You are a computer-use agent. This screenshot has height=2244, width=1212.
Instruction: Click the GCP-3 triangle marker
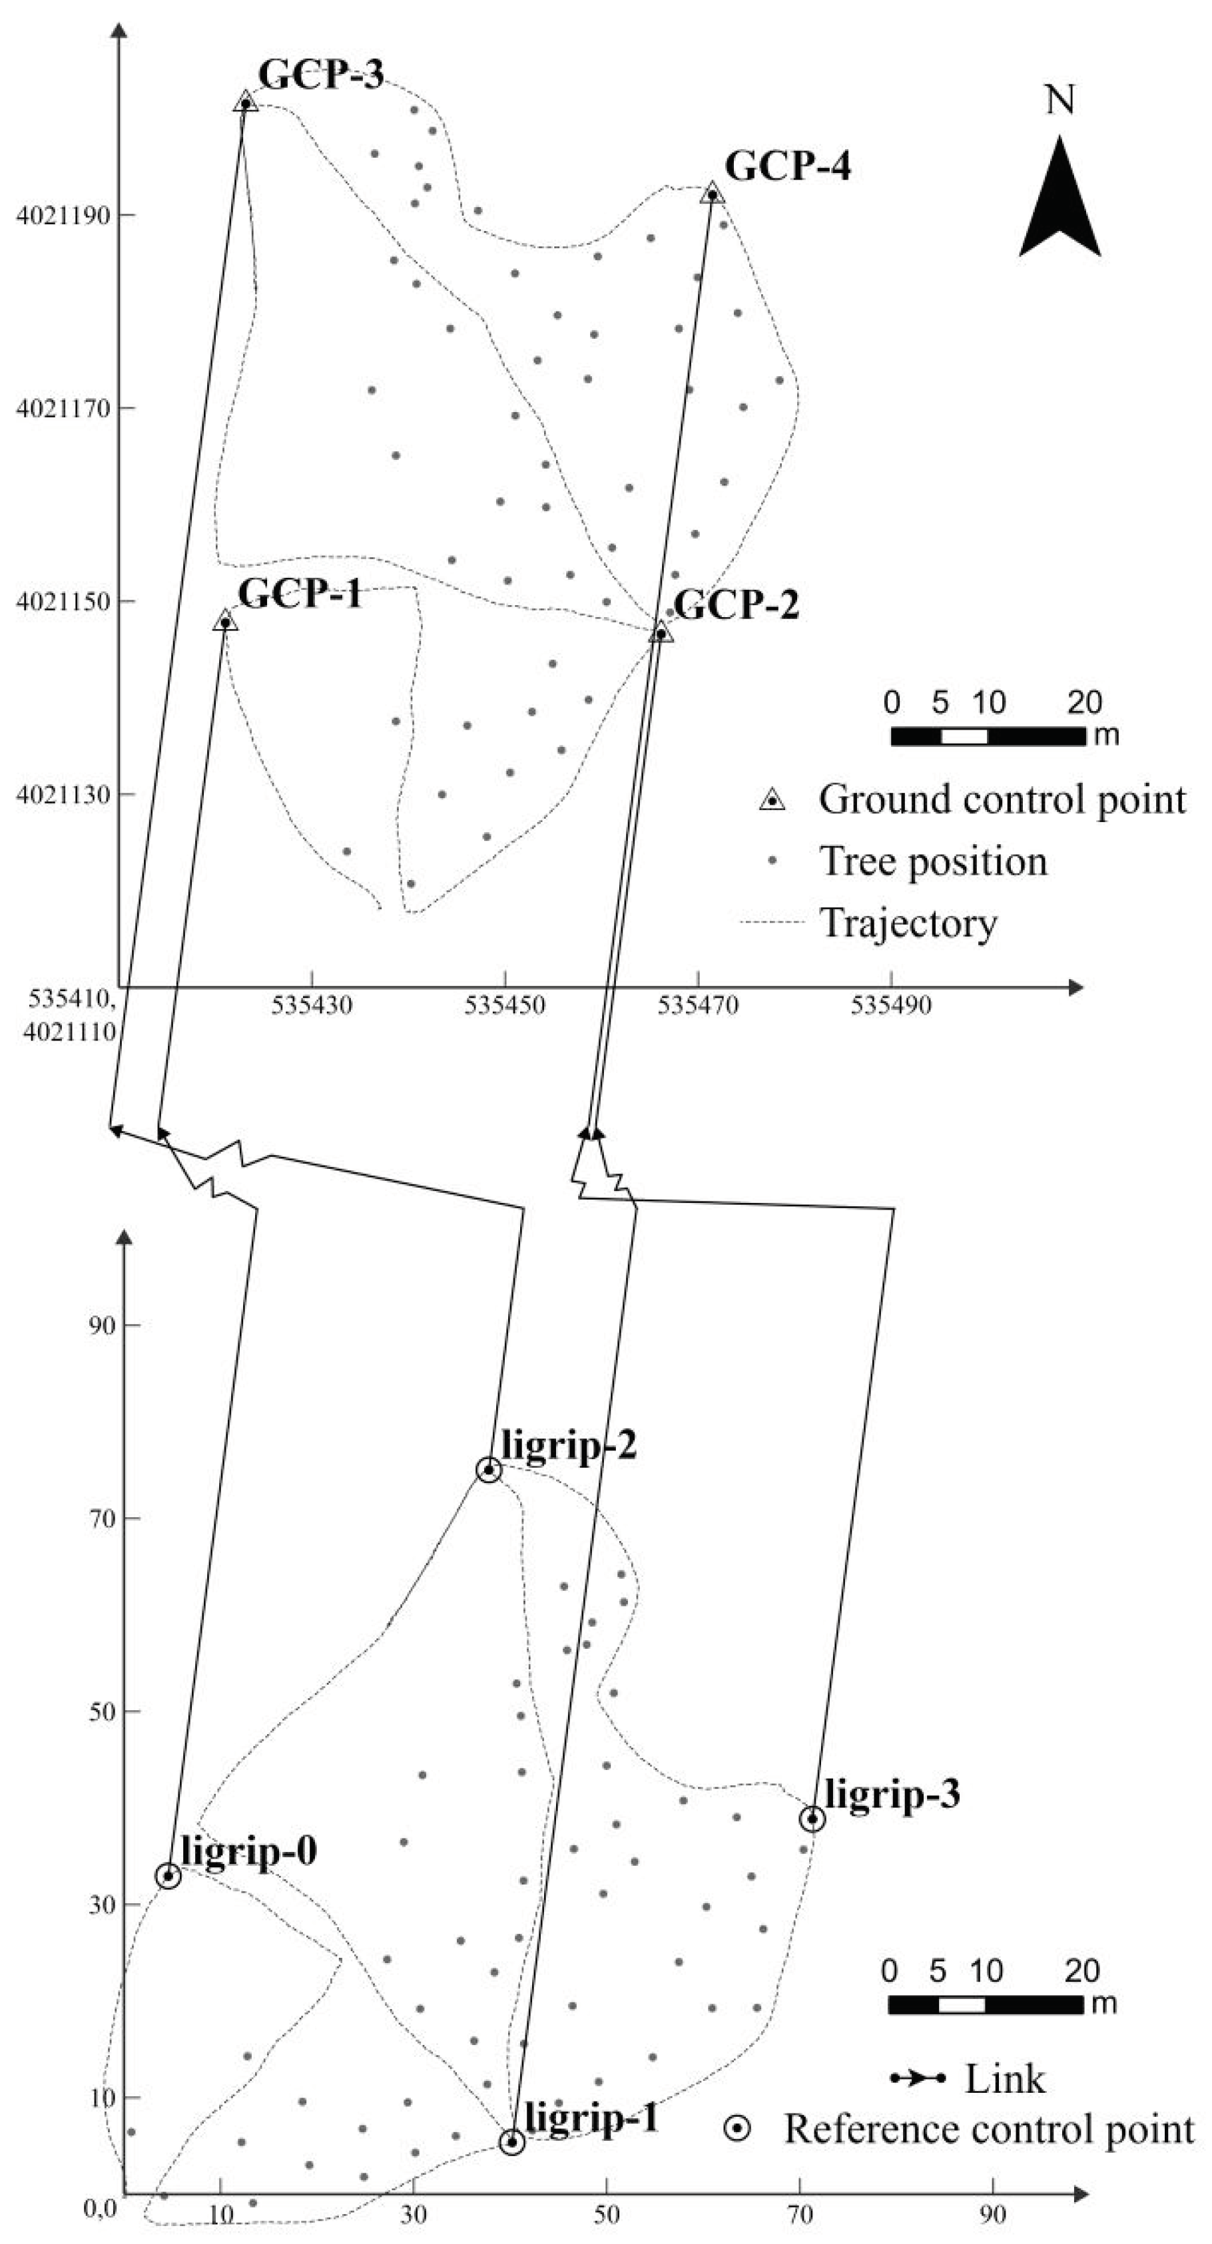point(246,103)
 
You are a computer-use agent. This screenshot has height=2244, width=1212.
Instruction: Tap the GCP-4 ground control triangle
point(712,194)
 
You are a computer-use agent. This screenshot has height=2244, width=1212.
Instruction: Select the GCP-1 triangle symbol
point(225,620)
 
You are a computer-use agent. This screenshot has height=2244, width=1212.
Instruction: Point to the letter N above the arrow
point(1060,100)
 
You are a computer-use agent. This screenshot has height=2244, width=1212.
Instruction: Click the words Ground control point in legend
point(1002,799)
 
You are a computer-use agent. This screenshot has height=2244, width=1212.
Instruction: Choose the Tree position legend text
point(932,861)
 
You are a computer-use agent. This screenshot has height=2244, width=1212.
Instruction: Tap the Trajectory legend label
point(909,923)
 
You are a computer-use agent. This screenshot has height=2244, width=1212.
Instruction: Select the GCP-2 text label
point(737,604)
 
